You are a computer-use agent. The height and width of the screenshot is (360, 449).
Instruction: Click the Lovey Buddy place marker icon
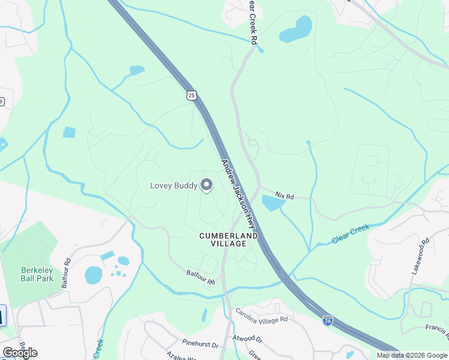point(206,185)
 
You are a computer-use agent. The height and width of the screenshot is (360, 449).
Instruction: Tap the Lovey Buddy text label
point(173,185)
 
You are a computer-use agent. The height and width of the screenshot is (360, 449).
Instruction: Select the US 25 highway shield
point(191,95)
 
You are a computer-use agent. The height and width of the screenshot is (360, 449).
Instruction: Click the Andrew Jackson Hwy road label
point(239,194)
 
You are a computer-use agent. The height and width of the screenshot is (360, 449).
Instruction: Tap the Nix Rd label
point(285,196)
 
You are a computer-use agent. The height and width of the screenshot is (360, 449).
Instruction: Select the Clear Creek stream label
point(351,235)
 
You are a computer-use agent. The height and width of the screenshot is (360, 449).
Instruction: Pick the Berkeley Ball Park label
point(37,274)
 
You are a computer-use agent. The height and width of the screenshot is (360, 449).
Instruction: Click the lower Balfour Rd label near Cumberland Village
point(200,277)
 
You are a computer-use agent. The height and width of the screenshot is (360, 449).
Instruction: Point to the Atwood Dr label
point(244,337)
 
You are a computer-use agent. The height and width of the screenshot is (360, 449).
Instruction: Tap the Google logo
point(20,352)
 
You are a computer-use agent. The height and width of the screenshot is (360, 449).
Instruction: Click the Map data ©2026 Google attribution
point(412,355)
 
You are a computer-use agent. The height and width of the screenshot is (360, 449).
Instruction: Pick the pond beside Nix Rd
point(273,204)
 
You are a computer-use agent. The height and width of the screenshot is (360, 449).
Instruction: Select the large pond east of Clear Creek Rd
point(296,29)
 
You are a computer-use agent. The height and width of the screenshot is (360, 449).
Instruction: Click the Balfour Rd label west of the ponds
point(66,273)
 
